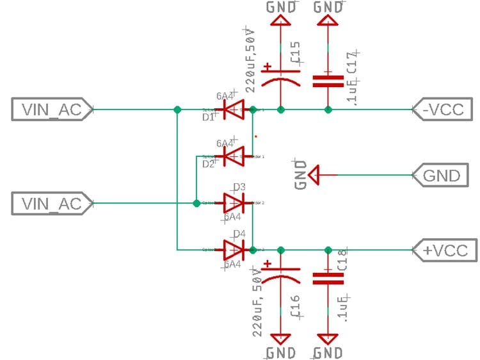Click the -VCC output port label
442,109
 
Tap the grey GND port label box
442,175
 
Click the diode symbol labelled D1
234,110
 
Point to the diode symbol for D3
234,204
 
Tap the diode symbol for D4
234,249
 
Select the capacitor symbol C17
328,81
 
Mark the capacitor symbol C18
328,278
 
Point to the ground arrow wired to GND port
314,174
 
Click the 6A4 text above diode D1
225,96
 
